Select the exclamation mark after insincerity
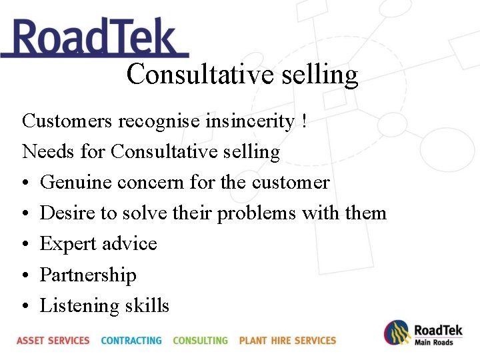304,121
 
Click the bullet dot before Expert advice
25,245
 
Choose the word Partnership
88,275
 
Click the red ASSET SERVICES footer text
53,341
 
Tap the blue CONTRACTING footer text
131,341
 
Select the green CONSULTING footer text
200,341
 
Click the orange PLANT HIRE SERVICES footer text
287,341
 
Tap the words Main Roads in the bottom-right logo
434,343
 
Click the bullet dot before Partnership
25,275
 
